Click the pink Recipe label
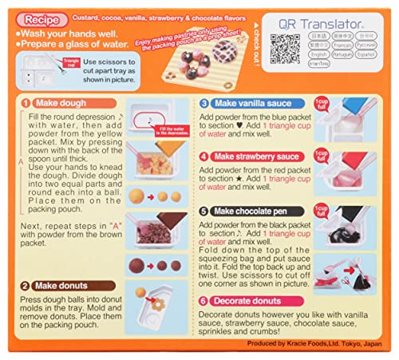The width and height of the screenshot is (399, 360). coord(40,16)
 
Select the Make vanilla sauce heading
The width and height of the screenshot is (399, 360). coord(259,103)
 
